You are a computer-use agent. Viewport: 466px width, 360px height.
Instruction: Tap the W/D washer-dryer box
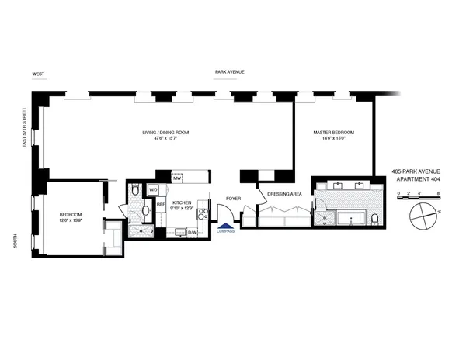(x=153, y=189)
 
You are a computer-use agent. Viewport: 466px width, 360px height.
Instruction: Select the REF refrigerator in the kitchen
(x=161, y=205)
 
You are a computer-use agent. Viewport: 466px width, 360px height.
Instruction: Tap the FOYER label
(x=233, y=199)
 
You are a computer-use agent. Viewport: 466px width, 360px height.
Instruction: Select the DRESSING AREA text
(x=283, y=193)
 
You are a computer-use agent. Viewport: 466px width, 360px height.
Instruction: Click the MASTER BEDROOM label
(x=334, y=133)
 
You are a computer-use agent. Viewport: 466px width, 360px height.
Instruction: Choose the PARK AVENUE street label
(x=230, y=71)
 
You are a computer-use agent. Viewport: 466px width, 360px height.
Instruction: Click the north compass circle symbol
(x=423, y=213)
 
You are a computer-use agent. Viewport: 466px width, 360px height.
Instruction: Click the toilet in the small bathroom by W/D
(x=135, y=190)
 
